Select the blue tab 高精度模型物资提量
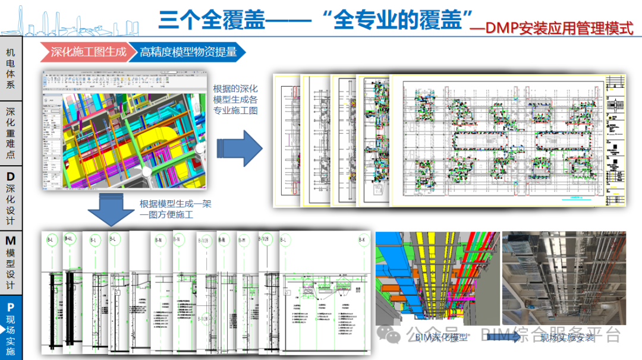pos(188,52)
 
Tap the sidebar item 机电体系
pos(11,68)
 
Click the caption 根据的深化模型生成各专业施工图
pos(235,100)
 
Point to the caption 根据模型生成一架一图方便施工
pos(175,209)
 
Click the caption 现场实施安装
pos(567,338)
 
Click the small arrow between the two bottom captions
pos(503,337)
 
